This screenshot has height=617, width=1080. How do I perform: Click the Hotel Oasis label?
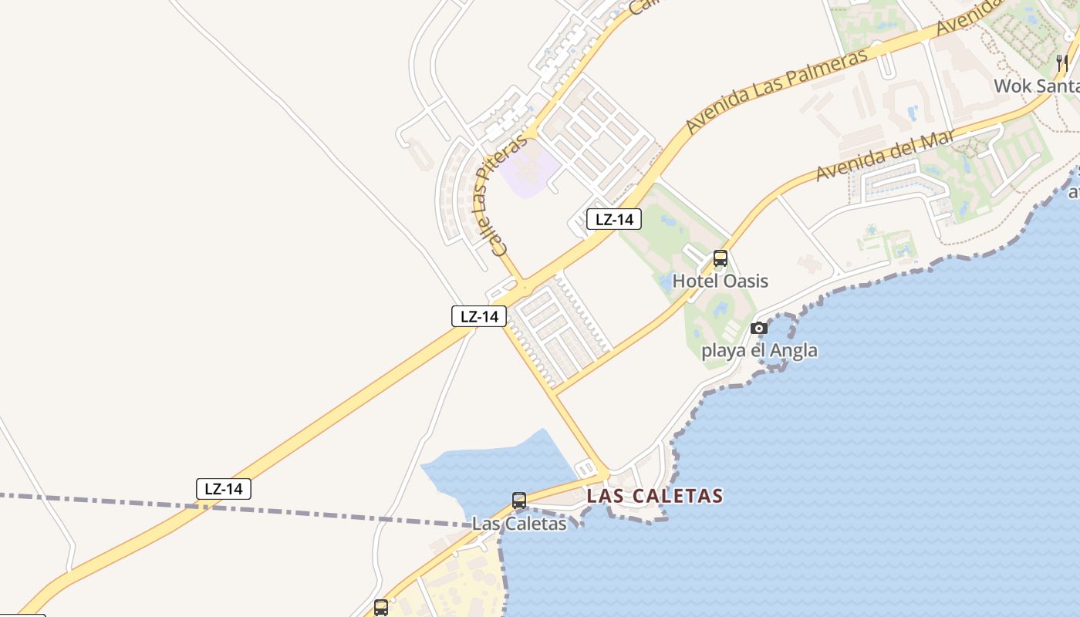720,281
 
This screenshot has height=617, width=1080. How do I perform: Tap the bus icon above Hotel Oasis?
720,258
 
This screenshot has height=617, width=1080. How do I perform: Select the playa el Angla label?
758,351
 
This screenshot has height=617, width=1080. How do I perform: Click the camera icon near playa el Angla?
758,329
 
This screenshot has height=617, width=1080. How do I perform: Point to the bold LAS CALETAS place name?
654,496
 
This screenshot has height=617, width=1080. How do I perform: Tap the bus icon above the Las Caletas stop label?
519,501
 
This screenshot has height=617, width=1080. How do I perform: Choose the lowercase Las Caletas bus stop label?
518,524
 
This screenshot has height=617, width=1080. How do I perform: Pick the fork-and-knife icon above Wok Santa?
1062,62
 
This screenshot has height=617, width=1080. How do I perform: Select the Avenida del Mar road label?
885,156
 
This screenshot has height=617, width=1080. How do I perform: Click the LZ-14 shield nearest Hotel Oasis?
614,219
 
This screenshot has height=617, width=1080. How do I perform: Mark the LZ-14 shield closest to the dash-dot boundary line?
224,488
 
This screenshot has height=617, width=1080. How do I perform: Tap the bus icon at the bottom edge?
381,607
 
